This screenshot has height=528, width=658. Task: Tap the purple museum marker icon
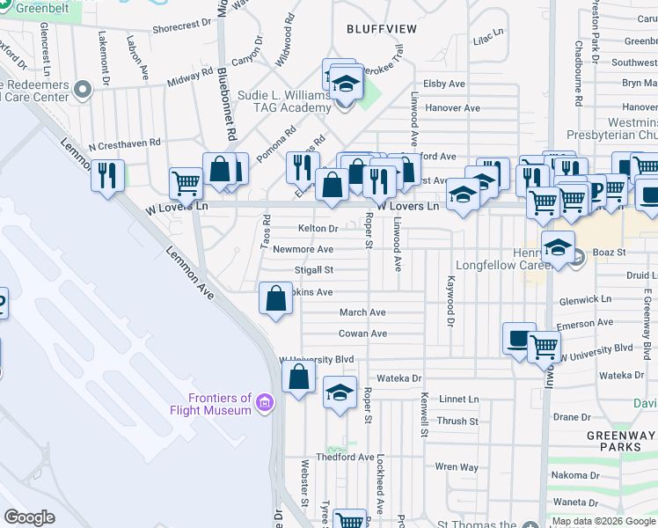pyautogui.click(x=264, y=404)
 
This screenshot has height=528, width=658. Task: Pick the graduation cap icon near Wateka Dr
pyautogui.click(x=340, y=392)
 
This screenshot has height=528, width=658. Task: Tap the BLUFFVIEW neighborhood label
pyautogui.click(x=382, y=29)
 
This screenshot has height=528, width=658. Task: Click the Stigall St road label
pyautogui.click(x=314, y=270)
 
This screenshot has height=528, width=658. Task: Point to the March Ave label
pyautogui.click(x=362, y=312)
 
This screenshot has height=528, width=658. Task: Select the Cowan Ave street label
pyautogui.click(x=362, y=334)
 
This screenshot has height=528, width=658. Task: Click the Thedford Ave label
pyautogui.click(x=346, y=457)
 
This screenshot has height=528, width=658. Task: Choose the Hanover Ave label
pyautogui.click(x=452, y=108)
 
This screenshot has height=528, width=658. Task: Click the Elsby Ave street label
pyautogui.click(x=444, y=84)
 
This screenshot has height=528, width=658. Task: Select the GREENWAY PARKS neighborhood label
pyautogui.click(x=620, y=441)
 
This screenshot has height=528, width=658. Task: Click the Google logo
pyautogui.click(x=30, y=517)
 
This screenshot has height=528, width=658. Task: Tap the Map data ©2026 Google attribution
pyautogui.click(x=603, y=522)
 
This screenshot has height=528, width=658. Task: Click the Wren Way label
pyautogui.click(x=457, y=467)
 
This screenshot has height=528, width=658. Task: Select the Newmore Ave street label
pyautogui.click(x=303, y=249)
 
